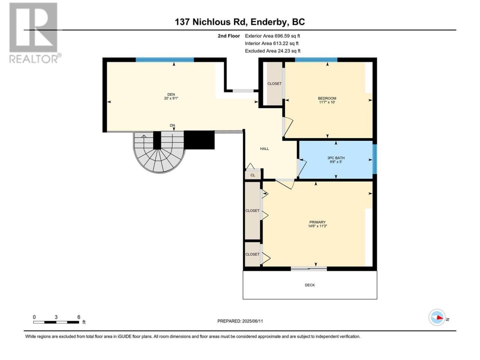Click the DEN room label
[x=171, y=94]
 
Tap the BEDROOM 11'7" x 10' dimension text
[x=327, y=102]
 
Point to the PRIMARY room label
[x=318, y=222]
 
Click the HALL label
[x=264, y=148]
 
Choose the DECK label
[x=310, y=285]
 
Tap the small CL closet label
[x=253, y=175]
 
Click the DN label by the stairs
[x=172, y=126]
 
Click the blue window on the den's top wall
[x=165, y=60]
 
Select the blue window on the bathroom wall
[x=375, y=159]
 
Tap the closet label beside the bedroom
[x=274, y=84]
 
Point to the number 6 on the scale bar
[x=79, y=317]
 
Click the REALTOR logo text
[x=34, y=59]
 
